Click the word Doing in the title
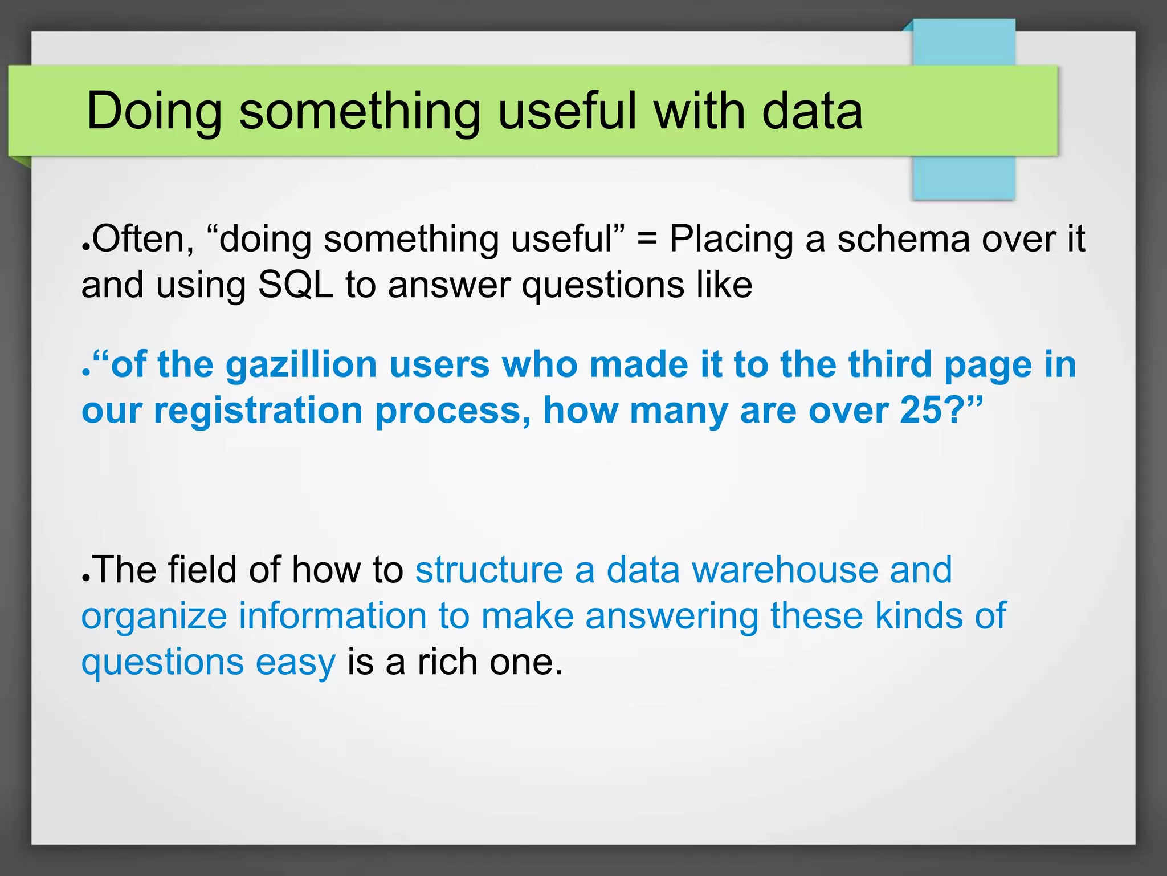point(154,112)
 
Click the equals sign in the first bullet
point(647,240)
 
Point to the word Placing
point(731,240)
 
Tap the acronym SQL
point(295,285)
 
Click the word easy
point(295,663)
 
